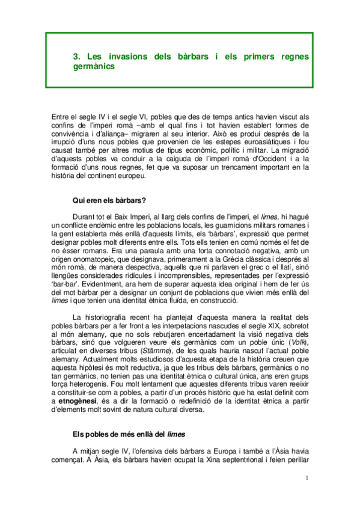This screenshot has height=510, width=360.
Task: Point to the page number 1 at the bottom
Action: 307,479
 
